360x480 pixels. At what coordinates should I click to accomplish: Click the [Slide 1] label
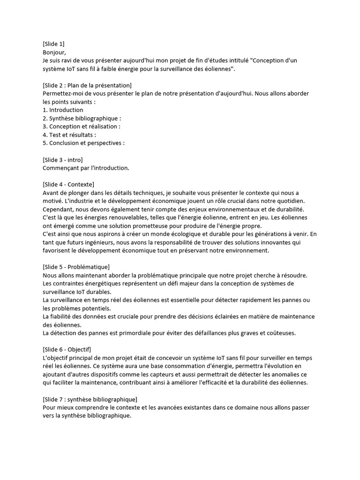(53, 44)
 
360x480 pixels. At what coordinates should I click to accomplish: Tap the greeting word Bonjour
(55, 52)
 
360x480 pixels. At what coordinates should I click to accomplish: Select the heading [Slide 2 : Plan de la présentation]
(87, 85)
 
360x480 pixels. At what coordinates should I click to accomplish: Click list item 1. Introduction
(63, 110)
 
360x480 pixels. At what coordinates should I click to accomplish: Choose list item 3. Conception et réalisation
(81, 127)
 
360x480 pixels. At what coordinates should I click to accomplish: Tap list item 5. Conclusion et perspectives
(83, 143)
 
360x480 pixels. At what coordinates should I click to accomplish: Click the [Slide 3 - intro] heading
(62, 159)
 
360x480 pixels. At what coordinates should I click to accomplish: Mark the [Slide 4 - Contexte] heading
(68, 184)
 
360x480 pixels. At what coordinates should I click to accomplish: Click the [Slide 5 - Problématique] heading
(76, 267)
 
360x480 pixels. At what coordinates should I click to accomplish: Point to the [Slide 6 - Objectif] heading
(67, 349)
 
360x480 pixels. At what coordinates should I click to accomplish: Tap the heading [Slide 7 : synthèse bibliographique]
(90, 399)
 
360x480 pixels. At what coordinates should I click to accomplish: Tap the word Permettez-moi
(62, 93)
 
